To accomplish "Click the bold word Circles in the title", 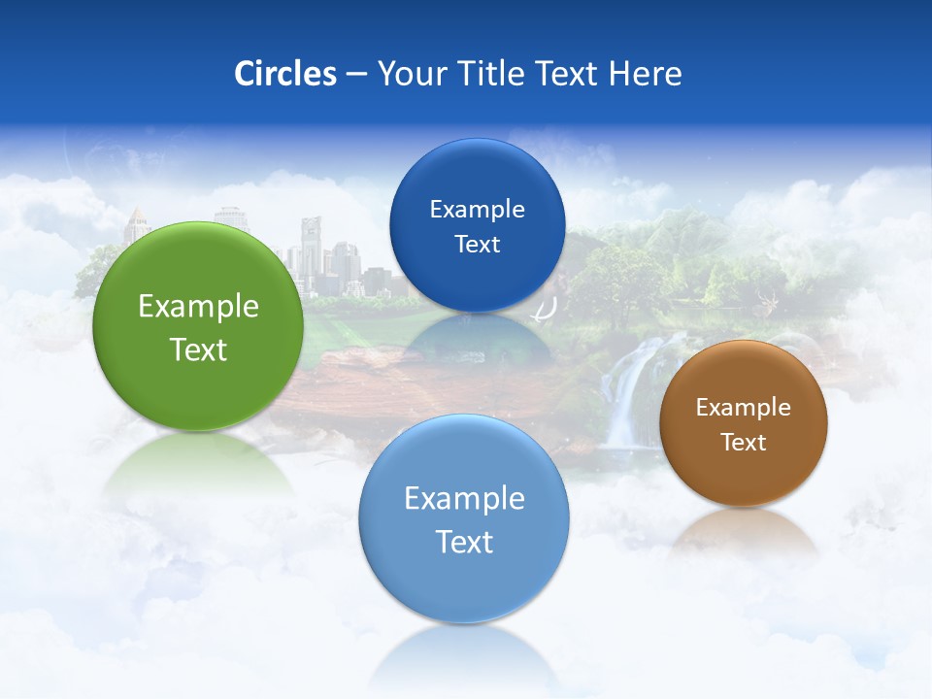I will (x=285, y=74).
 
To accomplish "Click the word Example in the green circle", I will (x=198, y=307).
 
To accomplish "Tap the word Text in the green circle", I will (x=198, y=349).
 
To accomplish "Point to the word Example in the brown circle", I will (x=744, y=408).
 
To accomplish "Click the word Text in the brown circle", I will (x=744, y=443).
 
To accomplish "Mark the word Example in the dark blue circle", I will (x=477, y=210).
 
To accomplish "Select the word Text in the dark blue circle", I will (x=477, y=245).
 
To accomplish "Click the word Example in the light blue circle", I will (x=464, y=499).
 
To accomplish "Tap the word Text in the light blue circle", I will (x=464, y=542).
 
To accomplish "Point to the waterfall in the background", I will (x=631, y=388).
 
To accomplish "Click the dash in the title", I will (x=356, y=75).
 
